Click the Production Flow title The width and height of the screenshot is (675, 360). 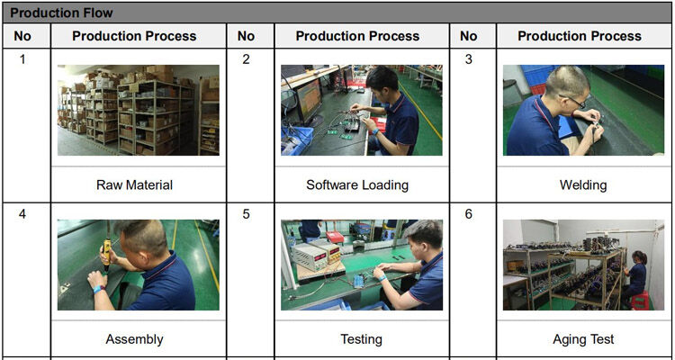(x=61, y=13)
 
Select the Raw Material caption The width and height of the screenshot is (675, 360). (x=134, y=185)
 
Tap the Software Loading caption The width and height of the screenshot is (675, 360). (x=357, y=185)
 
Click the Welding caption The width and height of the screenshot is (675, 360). (x=583, y=185)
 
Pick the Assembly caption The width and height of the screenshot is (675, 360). (x=134, y=339)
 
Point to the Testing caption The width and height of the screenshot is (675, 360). (x=361, y=339)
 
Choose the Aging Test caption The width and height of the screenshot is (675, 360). (x=583, y=339)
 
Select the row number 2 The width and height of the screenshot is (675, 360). (x=246, y=59)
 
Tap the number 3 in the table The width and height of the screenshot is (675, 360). (x=468, y=59)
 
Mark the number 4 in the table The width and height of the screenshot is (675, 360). (x=22, y=213)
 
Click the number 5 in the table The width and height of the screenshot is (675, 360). (x=246, y=213)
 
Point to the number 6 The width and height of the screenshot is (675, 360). (x=468, y=213)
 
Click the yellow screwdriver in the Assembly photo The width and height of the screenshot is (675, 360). (x=106, y=250)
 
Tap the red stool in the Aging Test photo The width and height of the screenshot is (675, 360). (x=640, y=301)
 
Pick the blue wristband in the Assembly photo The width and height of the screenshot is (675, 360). (x=99, y=290)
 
